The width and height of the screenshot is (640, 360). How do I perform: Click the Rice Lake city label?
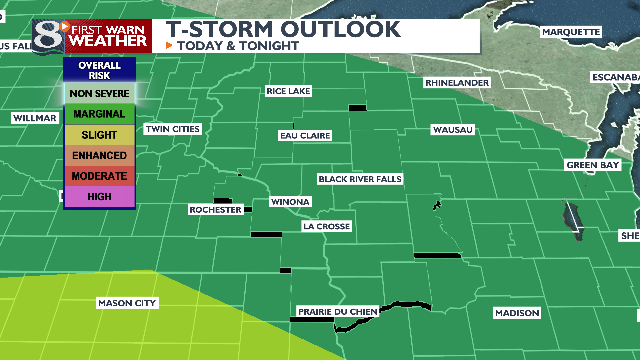click(288, 91)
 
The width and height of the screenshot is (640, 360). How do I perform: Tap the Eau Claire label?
click(301, 134)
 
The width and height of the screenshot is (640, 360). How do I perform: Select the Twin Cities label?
click(172, 129)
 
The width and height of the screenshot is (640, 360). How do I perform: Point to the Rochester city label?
click(215, 210)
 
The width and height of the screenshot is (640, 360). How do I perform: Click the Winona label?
click(291, 202)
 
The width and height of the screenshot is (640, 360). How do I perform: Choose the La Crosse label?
click(326, 227)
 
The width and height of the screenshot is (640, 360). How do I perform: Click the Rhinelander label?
click(455, 82)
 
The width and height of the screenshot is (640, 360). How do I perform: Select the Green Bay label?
click(592, 164)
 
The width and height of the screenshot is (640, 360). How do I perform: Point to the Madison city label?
click(517, 313)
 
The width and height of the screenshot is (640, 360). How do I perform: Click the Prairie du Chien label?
click(337, 312)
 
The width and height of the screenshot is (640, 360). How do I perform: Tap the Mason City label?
click(127, 302)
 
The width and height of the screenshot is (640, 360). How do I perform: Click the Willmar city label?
click(34, 118)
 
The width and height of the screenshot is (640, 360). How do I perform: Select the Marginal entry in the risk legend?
click(99, 114)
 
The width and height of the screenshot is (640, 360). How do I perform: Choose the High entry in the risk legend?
click(99, 197)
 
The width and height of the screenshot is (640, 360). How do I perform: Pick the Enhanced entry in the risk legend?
click(99, 156)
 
